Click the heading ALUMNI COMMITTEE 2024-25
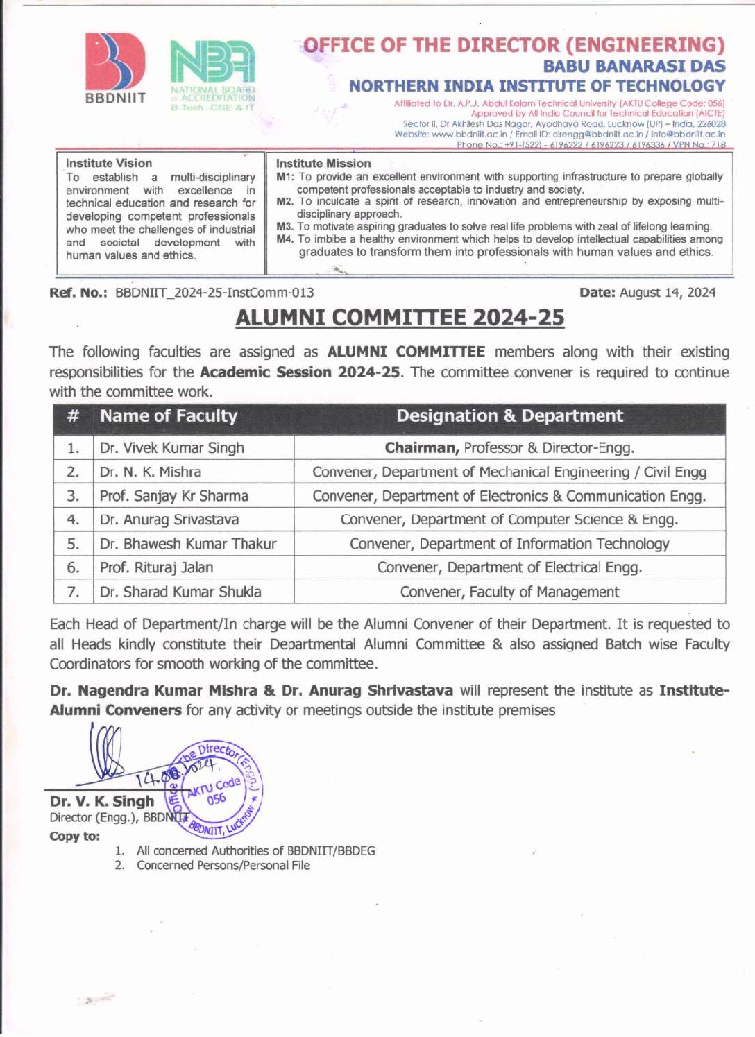point(400,317)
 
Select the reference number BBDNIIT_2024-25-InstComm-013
point(214,293)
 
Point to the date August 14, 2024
point(667,293)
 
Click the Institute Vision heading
point(109,163)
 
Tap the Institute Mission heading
point(323,163)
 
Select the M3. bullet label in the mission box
point(285,227)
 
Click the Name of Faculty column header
point(169,416)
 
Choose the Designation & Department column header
point(509,416)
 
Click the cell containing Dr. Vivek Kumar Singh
point(172,448)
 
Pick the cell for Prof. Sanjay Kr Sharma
point(174,496)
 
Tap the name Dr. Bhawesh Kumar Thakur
point(188,544)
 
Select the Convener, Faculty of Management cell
point(509,592)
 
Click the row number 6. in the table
point(73,567)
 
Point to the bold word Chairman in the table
point(422,448)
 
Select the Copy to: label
point(74,837)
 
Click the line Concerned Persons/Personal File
point(223,865)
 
